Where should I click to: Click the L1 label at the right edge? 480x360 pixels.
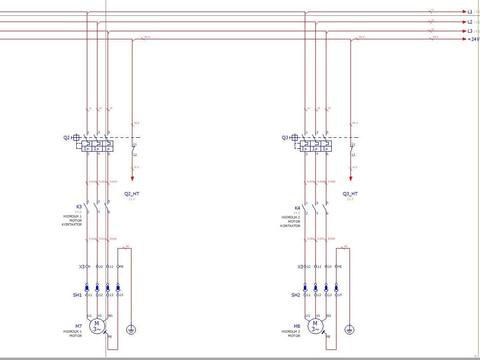tap(470, 12)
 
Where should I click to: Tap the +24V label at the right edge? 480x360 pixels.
tap(473, 39)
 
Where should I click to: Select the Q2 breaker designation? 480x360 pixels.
tap(66, 138)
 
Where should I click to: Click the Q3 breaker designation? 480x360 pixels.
tap(285, 138)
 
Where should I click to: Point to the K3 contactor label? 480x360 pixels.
tap(79, 207)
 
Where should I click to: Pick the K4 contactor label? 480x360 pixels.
tap(297, 208)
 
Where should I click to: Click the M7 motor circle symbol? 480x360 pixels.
tap(96, 326)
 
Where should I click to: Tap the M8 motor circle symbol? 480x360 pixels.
tap(315, 326)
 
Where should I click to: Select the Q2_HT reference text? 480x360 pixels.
tap(132, 194)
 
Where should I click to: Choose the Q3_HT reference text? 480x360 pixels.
tap(350, 194)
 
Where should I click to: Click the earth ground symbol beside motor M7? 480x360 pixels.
tap(131, 329)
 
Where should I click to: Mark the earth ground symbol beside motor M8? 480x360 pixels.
tap(350, 329)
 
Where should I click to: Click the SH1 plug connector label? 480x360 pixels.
tap(77, 295)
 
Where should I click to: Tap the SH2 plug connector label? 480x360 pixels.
tap(296, 295)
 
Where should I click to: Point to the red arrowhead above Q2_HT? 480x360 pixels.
tap(132, 178)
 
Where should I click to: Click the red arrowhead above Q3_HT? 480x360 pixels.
tap(350, 178)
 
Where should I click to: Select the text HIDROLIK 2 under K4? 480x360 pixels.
tap(290, 217)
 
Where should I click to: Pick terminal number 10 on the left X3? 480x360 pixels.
tap(101, 266)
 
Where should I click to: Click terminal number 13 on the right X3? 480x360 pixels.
tap(319, 266)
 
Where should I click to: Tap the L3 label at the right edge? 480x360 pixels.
tap(470, 31)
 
